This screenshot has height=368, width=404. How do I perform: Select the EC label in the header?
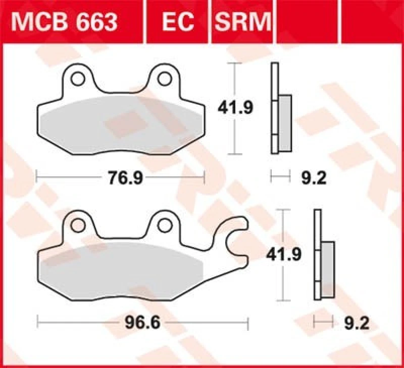coord(178,21)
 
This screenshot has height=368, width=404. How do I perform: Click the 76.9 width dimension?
coord(121,178)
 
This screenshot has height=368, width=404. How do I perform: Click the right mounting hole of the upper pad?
coord(164,79)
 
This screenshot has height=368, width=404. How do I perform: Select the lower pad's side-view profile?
coord(323,255)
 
